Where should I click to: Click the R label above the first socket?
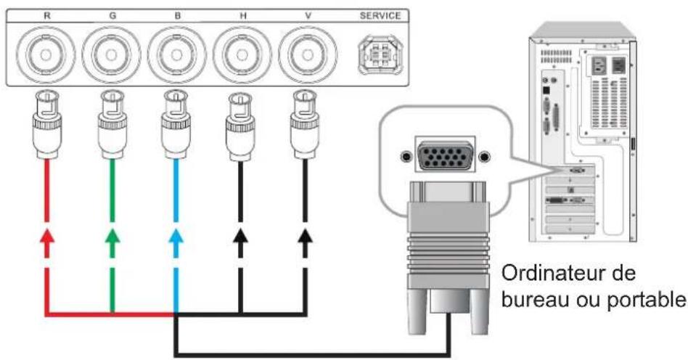(x=47, y=16)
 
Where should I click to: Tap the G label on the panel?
(x=112, y=16)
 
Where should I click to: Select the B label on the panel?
(x=177, y=16)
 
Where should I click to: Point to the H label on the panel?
(x=242, y=16)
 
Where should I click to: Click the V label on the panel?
(x=308, y=16)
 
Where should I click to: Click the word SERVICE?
(x=380, y=16)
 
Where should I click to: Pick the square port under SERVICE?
(x=380, y=55)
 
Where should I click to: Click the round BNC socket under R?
(x=46, y=55)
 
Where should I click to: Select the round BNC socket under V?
(x=308, y=55)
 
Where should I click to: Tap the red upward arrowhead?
(x=47, y=237)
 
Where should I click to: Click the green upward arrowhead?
(x=112, y=237)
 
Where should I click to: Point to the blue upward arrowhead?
(x=176, y=237)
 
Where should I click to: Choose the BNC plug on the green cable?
(x=112, y=124)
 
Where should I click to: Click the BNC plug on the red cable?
(x=47, y=124)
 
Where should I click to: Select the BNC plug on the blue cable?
(x=176, y=124)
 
